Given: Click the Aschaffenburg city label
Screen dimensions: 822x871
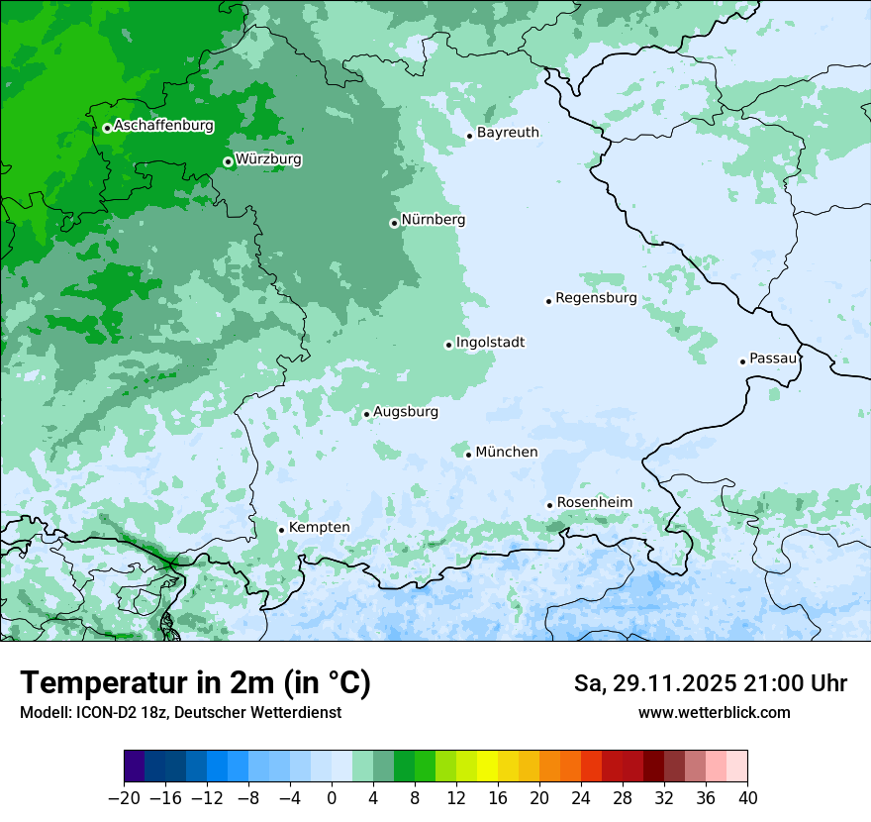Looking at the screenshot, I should click(x=163, y=126).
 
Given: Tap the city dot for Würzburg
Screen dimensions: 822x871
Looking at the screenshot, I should click(x=228, y=161).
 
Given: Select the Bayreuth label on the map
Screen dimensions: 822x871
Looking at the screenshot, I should click(x=508, y=133).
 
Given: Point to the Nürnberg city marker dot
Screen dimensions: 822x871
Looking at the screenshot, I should click(x=394, y=223).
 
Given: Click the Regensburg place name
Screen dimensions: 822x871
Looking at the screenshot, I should click(x=596, y=298).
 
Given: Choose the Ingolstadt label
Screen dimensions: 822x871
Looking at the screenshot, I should click(x=490, y=343).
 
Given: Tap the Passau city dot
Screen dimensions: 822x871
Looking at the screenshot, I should click(x=742, y=361).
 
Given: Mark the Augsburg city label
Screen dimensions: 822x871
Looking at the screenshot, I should click(x=405, y=412).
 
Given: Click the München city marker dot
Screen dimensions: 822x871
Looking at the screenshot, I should click(x=468, y=455).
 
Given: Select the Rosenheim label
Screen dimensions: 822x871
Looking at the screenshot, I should click(x=594, y=503).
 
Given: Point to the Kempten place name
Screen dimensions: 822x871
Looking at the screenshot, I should click(x=319, y=528).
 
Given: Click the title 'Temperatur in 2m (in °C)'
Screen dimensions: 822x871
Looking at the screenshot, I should click(x=195, y=682).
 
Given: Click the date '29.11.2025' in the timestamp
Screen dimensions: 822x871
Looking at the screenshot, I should click(x=672, y=683).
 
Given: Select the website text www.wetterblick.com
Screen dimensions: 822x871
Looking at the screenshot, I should click(x=714, y=713).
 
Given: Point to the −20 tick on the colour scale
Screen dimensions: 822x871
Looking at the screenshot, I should click(x=124, y=798).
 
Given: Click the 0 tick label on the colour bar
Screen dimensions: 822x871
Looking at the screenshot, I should click(x=332, y=798).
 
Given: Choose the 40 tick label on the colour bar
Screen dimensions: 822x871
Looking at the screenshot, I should click(x=747, y=798).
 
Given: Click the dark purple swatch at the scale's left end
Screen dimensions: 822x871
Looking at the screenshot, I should click(x=134, y=767).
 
